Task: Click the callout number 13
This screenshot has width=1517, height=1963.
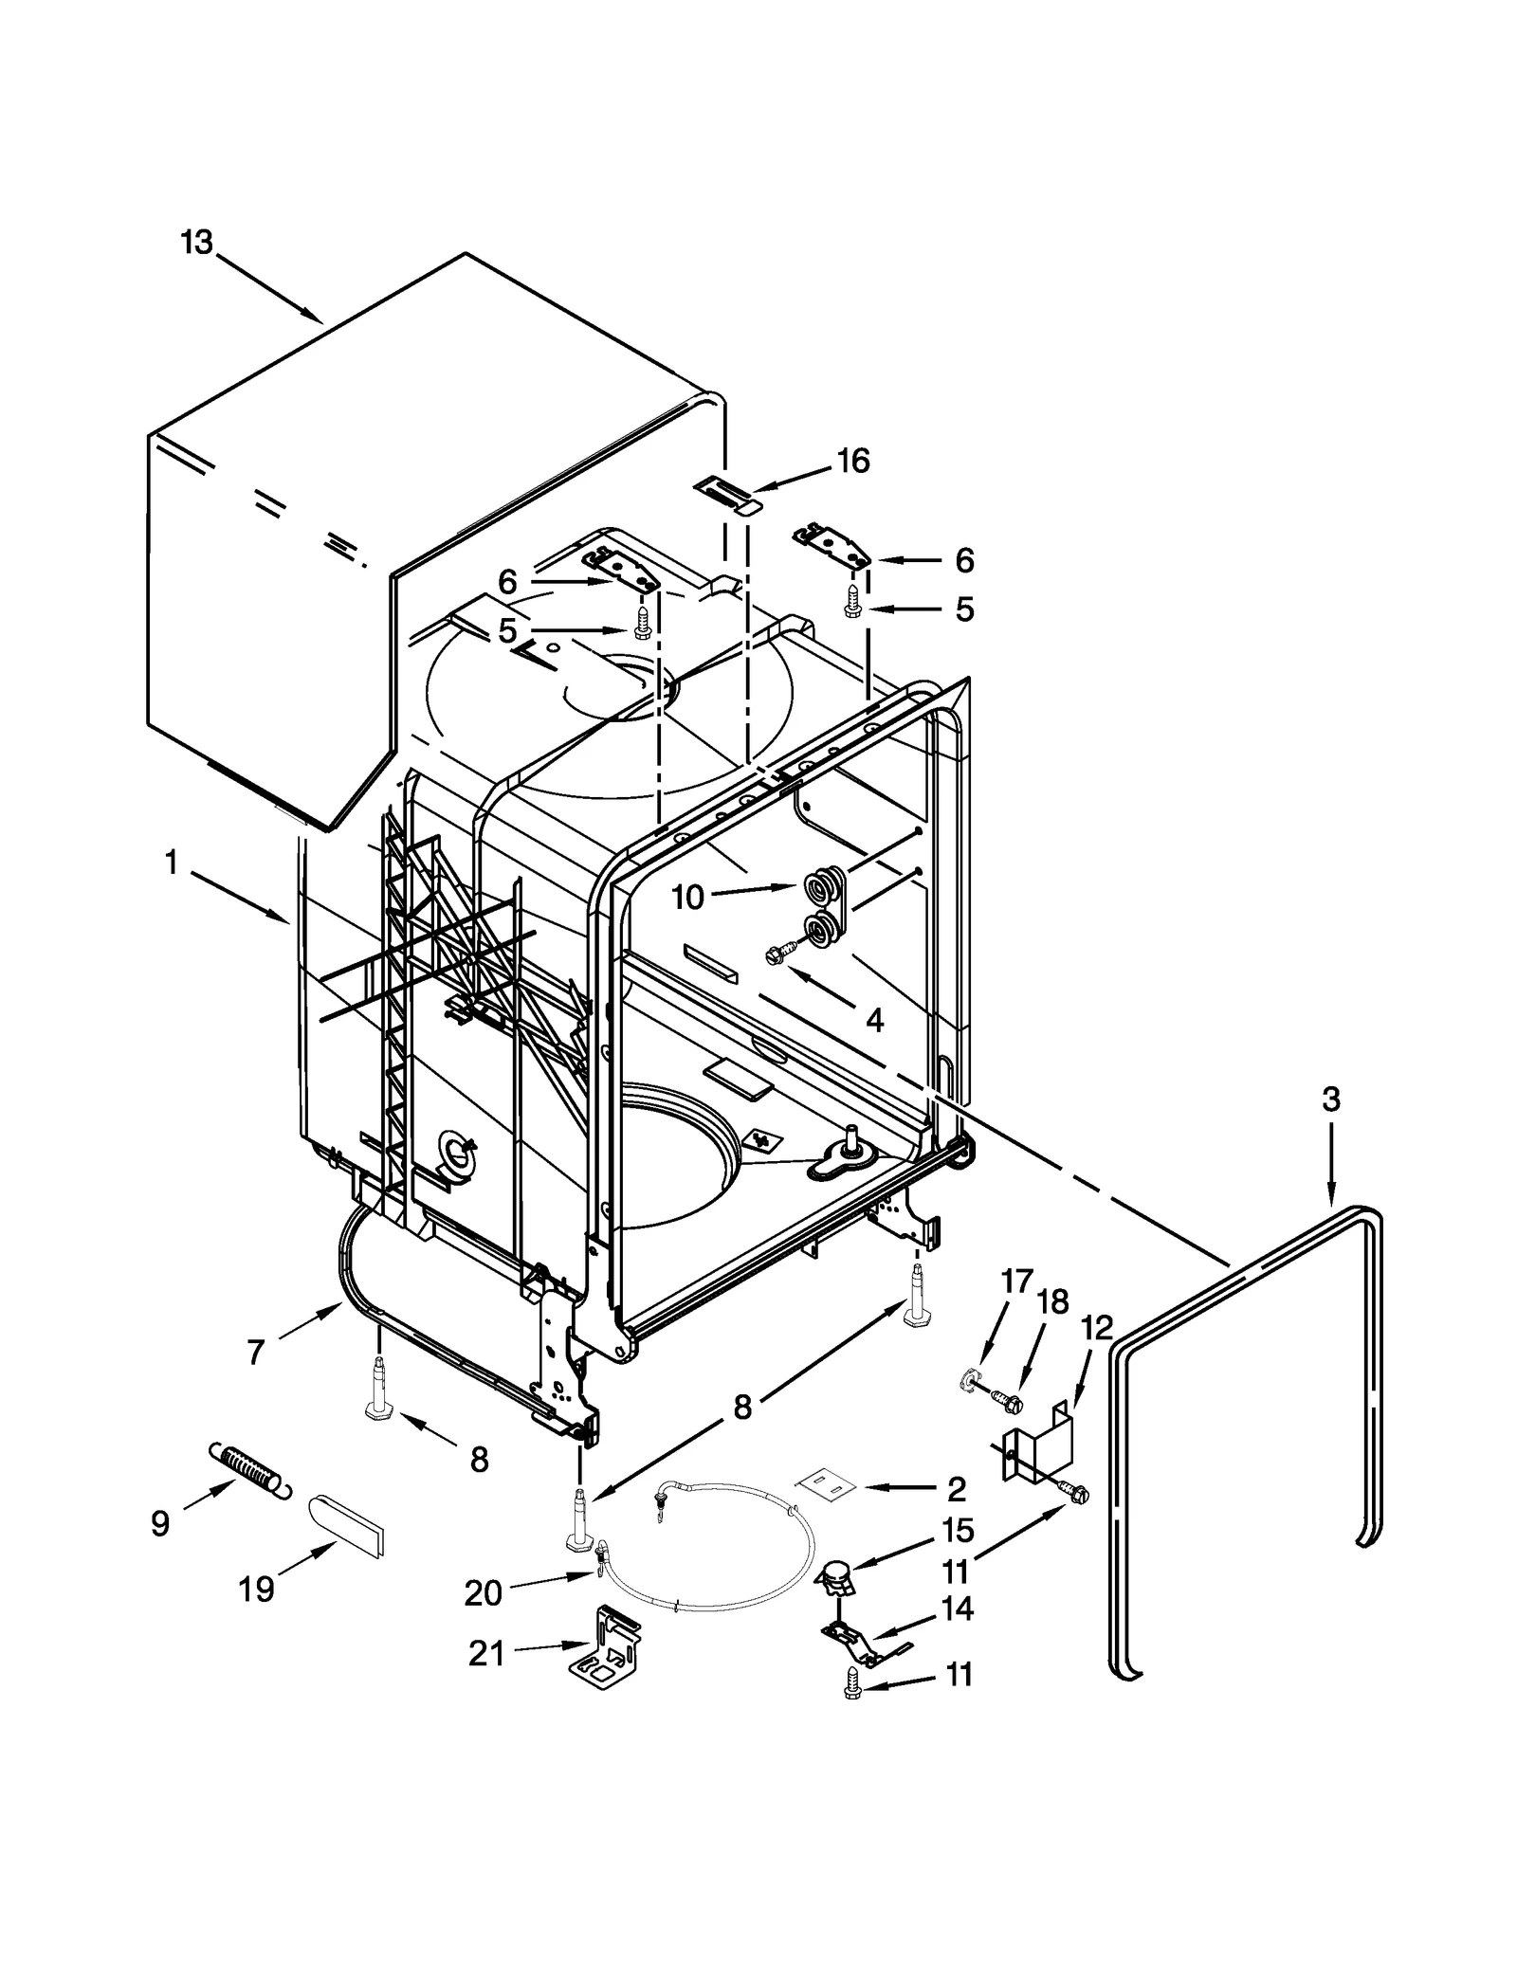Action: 197,243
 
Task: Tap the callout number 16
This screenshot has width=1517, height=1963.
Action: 853,461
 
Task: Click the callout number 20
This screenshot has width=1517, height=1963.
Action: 483,1593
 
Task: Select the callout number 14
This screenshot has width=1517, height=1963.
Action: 958,1609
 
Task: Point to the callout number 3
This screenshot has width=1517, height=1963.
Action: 1331,1100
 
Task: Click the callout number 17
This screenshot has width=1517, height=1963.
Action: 1015,1281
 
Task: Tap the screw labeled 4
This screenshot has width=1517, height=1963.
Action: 774,957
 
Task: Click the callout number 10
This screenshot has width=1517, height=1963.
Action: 688,897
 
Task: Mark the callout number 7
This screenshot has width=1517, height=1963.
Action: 255,1353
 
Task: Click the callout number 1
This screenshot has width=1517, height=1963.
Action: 171,863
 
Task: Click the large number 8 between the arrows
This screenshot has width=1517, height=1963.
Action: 742,1407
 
